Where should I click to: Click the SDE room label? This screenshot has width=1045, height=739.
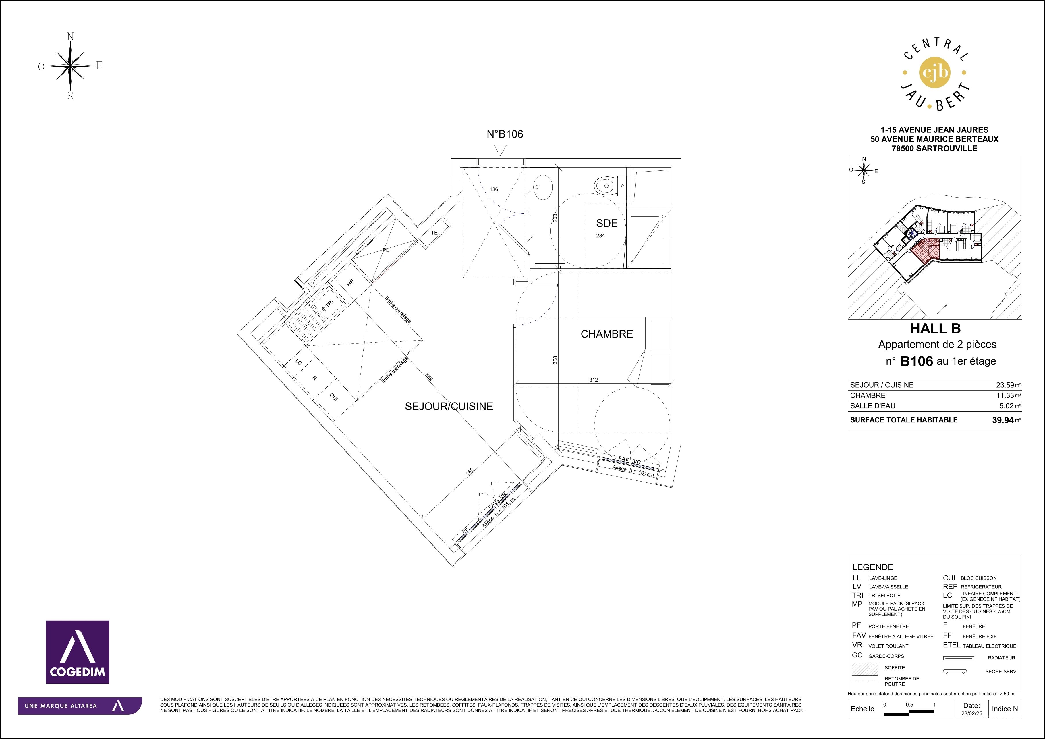click(607, 223)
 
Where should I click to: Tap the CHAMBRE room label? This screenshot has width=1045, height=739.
click(607, 334)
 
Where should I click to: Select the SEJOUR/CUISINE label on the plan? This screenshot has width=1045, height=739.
click(449, 406)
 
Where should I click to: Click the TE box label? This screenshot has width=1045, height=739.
click(434, 233)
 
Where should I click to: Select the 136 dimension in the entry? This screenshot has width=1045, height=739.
click(494, 189)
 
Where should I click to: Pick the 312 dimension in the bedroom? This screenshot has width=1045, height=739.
click(593, 380)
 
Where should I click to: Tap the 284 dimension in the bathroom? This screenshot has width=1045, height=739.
click(600, 235)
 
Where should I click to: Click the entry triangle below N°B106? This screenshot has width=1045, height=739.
click(500, 150)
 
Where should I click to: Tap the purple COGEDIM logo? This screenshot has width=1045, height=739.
click(77, 652)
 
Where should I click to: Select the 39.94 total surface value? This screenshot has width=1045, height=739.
click(1003, 420)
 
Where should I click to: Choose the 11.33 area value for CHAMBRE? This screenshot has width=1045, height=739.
click(1005, 395)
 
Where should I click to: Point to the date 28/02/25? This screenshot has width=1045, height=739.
click(971, 713)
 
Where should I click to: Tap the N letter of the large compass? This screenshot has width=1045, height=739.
click(71, 37)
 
